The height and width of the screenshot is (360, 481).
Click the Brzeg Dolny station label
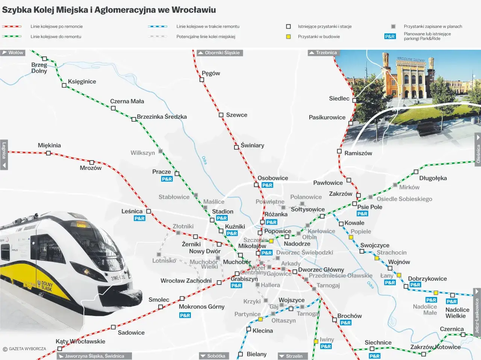(39, 68)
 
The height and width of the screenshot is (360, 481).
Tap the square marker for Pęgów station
(202, 80)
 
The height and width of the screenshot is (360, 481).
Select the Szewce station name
(236, 115)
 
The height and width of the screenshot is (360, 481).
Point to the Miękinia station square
(48, 153)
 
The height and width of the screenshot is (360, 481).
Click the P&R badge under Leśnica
(139, 218)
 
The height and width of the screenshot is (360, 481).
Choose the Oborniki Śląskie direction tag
(220, 53)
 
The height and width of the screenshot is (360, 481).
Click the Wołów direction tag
(13, 53)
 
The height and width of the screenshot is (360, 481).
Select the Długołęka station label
(433, 178)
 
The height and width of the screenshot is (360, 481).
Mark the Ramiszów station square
(339, 151)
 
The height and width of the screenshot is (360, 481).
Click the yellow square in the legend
(288, 37)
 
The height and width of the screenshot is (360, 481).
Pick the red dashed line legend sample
(12, 27)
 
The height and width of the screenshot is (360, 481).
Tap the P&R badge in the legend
(390, 36)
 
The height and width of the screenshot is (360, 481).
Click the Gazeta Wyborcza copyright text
(25, 349)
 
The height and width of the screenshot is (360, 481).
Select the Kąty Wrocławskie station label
(80, 341)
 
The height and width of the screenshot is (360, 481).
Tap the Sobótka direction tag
(213, 356)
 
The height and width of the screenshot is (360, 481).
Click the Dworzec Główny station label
(321, 269)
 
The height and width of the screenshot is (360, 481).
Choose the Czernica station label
(452, 329)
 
